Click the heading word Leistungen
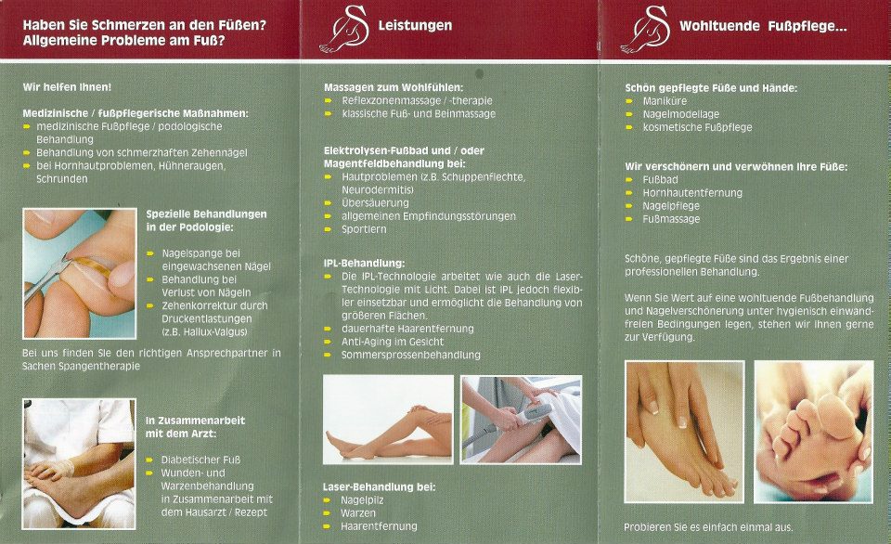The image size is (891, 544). coord(415,26)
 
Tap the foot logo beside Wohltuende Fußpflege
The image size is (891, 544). coord(645,30)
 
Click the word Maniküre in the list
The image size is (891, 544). coord(665,101)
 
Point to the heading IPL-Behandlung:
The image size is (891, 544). coord(364,264)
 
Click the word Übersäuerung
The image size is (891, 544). coord(375,203)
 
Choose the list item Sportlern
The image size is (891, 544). coord(364,229)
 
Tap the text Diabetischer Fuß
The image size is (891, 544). coord(200,460)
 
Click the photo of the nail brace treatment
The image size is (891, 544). coord(80,274)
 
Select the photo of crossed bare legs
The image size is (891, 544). coord(388,419)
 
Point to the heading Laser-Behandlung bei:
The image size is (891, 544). coord(379,487)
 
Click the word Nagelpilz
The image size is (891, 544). coord(362,500)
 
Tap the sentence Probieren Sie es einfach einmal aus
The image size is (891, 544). coord(708,527)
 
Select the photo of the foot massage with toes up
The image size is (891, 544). coord(813,432)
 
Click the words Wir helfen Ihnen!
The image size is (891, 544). coord(67,87)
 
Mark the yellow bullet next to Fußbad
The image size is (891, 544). coord(629,179)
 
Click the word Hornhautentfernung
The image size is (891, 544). coord(692,193)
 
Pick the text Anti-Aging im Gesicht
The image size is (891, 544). coord(392,343)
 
